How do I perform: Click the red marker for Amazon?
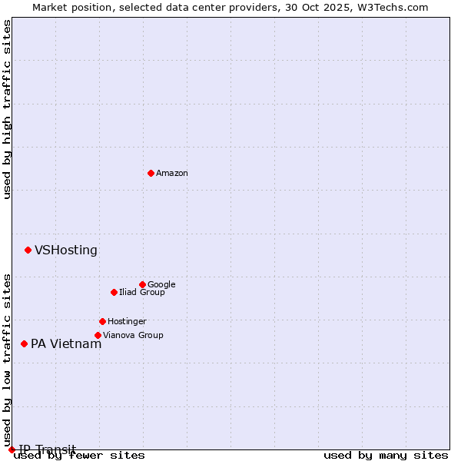point(151,173)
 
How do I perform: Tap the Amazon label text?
point(172,174)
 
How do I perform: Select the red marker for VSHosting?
point(28,250)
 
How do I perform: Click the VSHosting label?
point(66,250)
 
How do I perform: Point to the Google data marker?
point(142,284)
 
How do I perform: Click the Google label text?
point(161,285)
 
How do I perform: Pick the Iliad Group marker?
point(114,292)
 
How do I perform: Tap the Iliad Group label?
point(141,293)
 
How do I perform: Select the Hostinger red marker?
point(102,321)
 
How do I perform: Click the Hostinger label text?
point(127,322)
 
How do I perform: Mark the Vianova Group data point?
point(98,335)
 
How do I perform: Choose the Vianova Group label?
point(133,336)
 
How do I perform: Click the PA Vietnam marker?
point(24,343)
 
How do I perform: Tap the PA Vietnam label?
point(66,344)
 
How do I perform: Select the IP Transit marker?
point(12,449)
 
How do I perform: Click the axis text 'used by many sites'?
point(386,456)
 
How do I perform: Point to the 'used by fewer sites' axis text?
point(79,456)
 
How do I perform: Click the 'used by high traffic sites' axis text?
point(8,109)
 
